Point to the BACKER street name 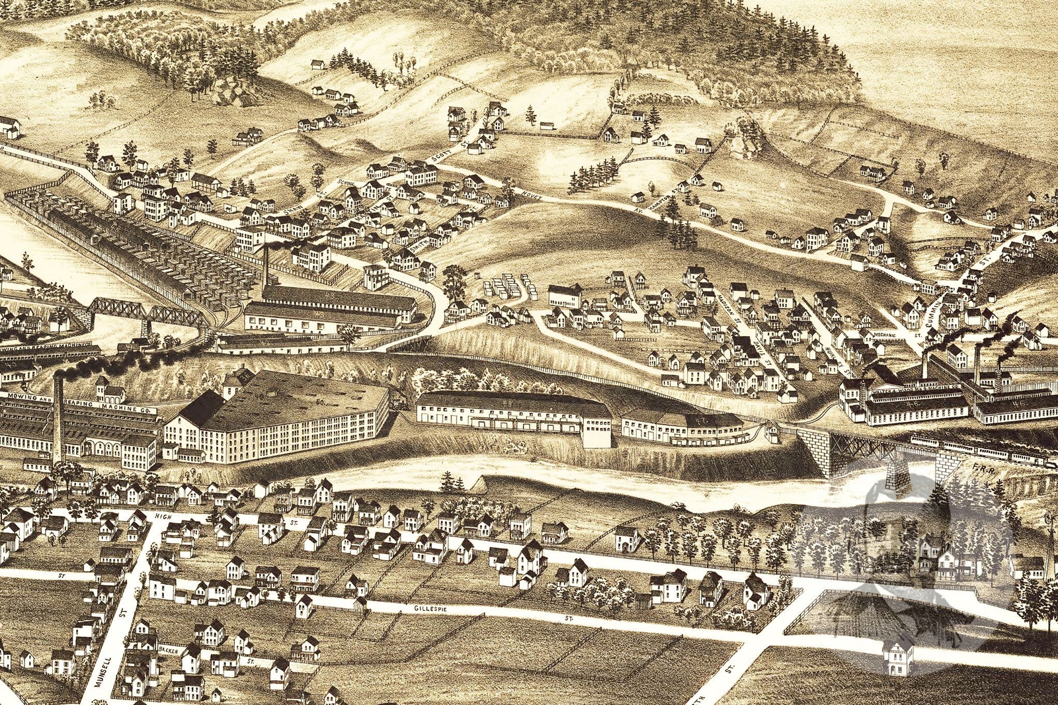coord(168,650)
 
